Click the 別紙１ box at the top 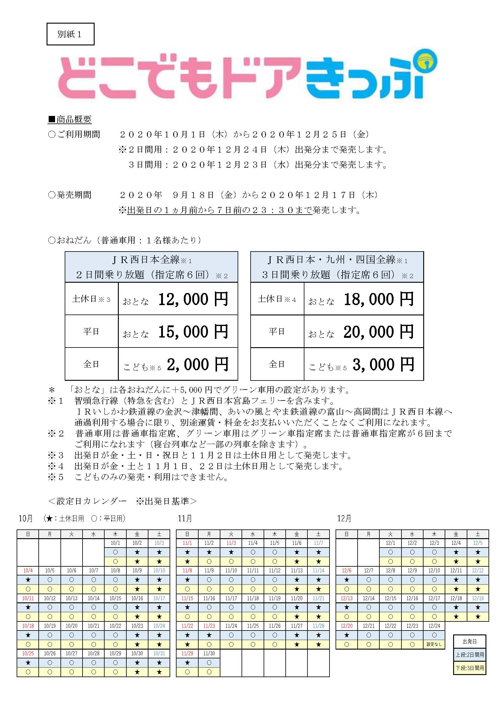pos(70,34)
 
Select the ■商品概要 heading pos(70,119)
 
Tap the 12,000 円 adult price pos(193,299)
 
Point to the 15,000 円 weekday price pos(193,331)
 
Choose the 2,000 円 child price pos(197,364)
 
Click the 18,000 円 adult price pos(379,299)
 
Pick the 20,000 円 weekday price pos(379,331)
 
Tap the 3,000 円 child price pos(383,364)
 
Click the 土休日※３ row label pos(91,299)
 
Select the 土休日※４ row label pos(277,299)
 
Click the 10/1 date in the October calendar pos(115,543)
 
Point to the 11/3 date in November pos(231,543)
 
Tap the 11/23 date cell pos(209,626)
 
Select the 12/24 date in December pos(434,626)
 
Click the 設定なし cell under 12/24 pos(434,644)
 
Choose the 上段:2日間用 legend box pos(470,655)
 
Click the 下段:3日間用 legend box pos(470,668)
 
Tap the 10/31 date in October pos(159,654)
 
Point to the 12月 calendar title pos(344,519)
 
